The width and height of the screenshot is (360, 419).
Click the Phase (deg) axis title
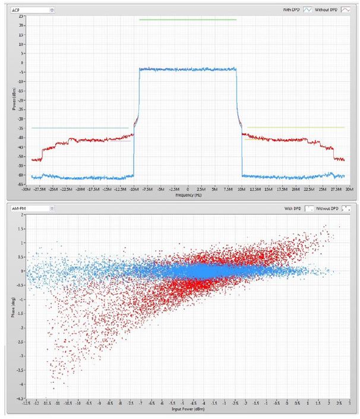[14, 306]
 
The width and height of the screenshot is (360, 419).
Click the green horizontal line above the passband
[188, 20]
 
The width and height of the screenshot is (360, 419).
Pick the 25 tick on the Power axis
[21, 15]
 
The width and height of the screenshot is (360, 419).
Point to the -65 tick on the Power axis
[21, 185]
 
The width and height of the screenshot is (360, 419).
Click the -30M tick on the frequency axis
[26, 190]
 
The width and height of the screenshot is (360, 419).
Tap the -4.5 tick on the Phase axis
[21, 399]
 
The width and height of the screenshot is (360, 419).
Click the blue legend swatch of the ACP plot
[308, 10]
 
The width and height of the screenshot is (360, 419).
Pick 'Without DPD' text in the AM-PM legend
[327, 209]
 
